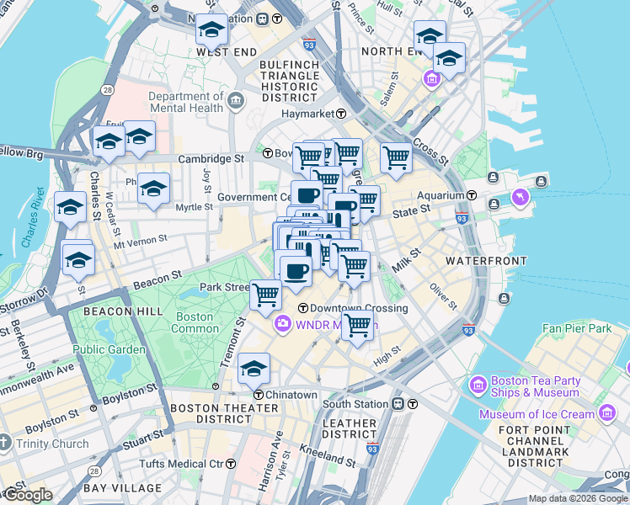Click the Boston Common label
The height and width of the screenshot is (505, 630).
[x=193, y=323]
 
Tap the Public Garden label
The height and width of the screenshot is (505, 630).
[x=108, y=348]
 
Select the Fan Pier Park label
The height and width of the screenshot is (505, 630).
[x=577, y=328]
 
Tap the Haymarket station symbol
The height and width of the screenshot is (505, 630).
[x=342, y=114]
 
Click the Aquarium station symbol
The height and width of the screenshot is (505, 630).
[x=472, y=195]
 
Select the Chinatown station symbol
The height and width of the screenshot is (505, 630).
[x=259, y=395]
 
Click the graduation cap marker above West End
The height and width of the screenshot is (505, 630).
[x=211, y=30]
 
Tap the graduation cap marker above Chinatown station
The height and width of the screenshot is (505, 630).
[x=254, y=369]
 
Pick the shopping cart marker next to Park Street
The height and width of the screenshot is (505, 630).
[x=265, y=295]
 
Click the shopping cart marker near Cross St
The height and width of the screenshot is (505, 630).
[x=395, y=157]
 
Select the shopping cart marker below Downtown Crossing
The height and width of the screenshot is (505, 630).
[x=358, y=324]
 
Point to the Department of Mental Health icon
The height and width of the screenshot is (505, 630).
[x=236, y=102]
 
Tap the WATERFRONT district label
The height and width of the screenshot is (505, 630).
[x=486, y=261]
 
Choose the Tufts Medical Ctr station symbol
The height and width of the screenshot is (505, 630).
[x=231, y=464]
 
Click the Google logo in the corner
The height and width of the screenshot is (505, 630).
[x=27, y=495]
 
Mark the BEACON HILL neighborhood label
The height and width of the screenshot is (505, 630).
[x=111, y=311]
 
